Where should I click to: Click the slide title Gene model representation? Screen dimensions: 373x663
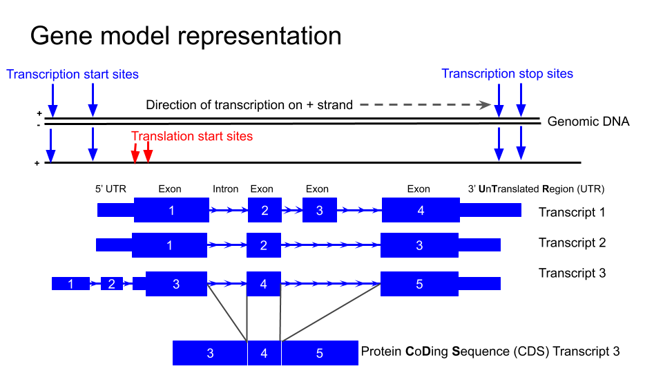tap(186, 36)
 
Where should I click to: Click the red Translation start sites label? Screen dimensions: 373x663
tap(192, 136)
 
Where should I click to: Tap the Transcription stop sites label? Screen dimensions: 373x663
tap(507, 74)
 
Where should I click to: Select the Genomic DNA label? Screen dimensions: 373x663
tap(588, 122)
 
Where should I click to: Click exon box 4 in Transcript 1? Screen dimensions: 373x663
tap(421, 210)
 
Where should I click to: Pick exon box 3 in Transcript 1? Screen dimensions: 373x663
tap(319, 210)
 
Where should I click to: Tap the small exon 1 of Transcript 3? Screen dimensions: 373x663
tap(70, 283)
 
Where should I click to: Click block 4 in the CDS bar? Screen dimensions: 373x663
tap(264, 353)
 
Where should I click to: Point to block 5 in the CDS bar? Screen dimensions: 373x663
tap(319, 353)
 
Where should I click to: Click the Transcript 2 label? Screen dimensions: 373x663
tap(572, 242)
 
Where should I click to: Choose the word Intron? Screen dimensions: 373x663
tap(225, 189)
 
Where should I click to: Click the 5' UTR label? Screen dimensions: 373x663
tap(109, 189)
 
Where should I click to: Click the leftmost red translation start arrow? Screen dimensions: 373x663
tap(136, 153)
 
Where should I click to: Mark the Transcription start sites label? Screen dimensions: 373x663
tap(73, 74)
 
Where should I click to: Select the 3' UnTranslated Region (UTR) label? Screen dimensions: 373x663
tap(536, 189)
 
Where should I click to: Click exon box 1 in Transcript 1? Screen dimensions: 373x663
tap(171, 210)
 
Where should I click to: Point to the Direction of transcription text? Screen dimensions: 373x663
tap(249, 105)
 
